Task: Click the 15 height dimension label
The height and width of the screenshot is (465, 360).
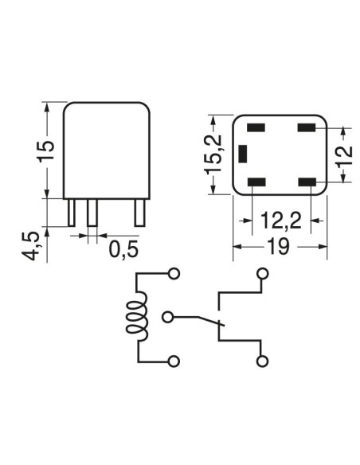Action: click(x=46, y=150)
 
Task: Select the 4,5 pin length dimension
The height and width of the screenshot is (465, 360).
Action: click(x=30, y=246)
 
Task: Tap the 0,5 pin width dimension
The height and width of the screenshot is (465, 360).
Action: click(x=123, y=249)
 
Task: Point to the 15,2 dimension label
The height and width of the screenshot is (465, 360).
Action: click(x=213, y=154)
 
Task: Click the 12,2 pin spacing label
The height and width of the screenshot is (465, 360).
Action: click(x=281, y=221)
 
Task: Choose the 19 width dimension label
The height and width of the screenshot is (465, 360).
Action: click(x=278, y=246)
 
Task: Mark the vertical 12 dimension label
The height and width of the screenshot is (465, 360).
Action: click(x=345, y=156)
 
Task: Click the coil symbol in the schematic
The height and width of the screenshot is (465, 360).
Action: click(x=137, y=316)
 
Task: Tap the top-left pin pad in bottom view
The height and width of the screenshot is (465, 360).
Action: click(x=256, y=128)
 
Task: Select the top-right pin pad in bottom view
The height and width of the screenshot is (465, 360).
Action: click(x=307, y=128)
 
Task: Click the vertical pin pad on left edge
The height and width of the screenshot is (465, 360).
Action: click(x=243, y=154)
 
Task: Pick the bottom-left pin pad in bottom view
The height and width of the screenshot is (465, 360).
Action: click(x=256, y=182)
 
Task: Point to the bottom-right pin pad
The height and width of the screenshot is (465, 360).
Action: click(x=307, y=182)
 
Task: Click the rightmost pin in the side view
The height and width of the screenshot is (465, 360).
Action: click(x=140, y=213)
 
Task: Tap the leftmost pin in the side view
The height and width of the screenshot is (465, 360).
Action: click(x=72, y=213)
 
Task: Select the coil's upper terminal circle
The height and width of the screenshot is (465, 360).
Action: click(x=174, y=274)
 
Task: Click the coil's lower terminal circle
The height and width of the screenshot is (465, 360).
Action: click(x=174, y=361)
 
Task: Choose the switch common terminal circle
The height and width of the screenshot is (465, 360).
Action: click(x=168, y=318)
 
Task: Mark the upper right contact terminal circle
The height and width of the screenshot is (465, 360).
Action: click(x=263, y=274)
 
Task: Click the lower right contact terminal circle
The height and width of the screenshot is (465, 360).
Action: click(x=262, y=361)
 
